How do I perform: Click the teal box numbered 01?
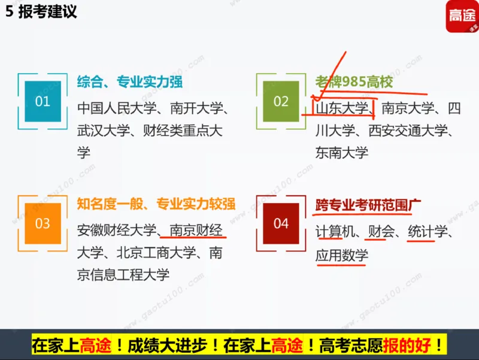pos(43,101)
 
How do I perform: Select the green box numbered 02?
pos(281,101)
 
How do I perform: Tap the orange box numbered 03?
pos(43,223)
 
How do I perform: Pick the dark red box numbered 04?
pos(281,223)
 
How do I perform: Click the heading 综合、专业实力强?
pos(130,82)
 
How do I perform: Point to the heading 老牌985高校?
pos(354,82)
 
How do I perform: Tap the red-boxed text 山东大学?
pos(342,108)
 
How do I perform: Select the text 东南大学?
pos(342,152)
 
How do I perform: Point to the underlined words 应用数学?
pos(342,256)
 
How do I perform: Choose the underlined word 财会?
pos(381,231)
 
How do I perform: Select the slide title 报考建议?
pos(48,12)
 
